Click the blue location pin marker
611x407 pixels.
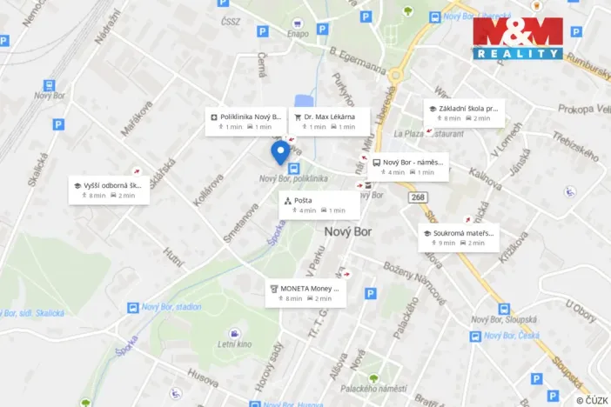click(279, 152)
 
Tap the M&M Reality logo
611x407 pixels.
click(518, 38)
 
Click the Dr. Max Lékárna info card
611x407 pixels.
click(329, 121)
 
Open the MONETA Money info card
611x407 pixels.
click(305, 293)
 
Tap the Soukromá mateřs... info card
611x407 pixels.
click(460, 237)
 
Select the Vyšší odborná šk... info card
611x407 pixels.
click(109, 190)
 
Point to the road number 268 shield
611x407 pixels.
click(420, 198)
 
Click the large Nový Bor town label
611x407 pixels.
click(348, 232)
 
